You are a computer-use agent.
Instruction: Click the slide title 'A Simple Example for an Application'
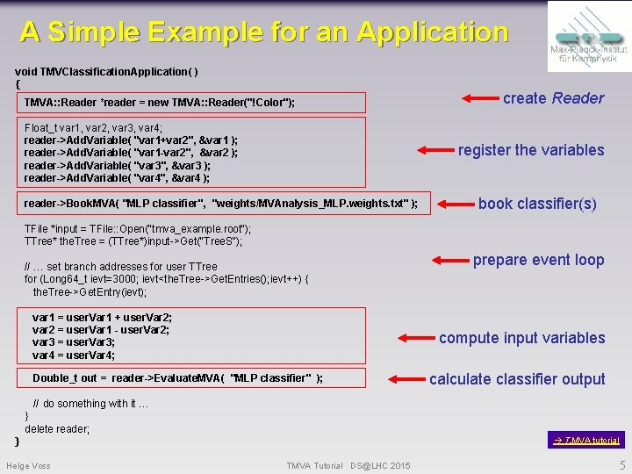tap(264, 32)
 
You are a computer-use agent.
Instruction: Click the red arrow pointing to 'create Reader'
tap(479, 97)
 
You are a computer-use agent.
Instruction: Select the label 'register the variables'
tap(531, 150)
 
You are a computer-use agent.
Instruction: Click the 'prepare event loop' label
tap(538, 260)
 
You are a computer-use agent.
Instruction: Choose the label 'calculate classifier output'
tap(517, 379)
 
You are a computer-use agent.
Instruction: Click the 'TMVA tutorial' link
tap(586, 440)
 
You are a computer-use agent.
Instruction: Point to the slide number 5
tap(622, 465)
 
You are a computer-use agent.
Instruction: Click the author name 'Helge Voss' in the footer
tap(28, 465)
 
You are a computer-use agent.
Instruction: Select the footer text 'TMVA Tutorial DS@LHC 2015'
tap(348, 465)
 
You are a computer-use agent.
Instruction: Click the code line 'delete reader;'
tap(57, 429)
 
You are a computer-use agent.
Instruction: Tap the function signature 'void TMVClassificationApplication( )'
tap(106, 70)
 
